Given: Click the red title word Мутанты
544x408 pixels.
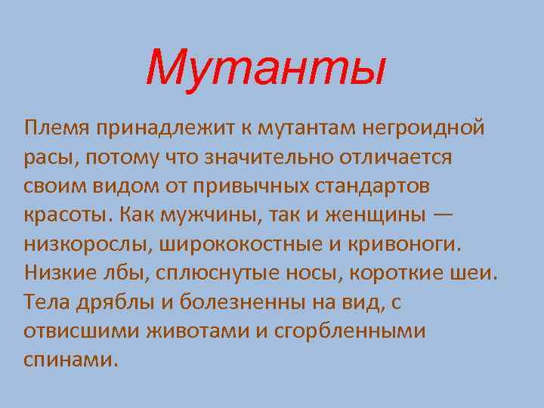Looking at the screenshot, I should pos(265,69).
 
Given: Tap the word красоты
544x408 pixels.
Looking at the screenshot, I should pos(64,214).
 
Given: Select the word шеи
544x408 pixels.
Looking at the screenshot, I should pos(475,271).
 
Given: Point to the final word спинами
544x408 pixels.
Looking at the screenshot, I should pos(71,358).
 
